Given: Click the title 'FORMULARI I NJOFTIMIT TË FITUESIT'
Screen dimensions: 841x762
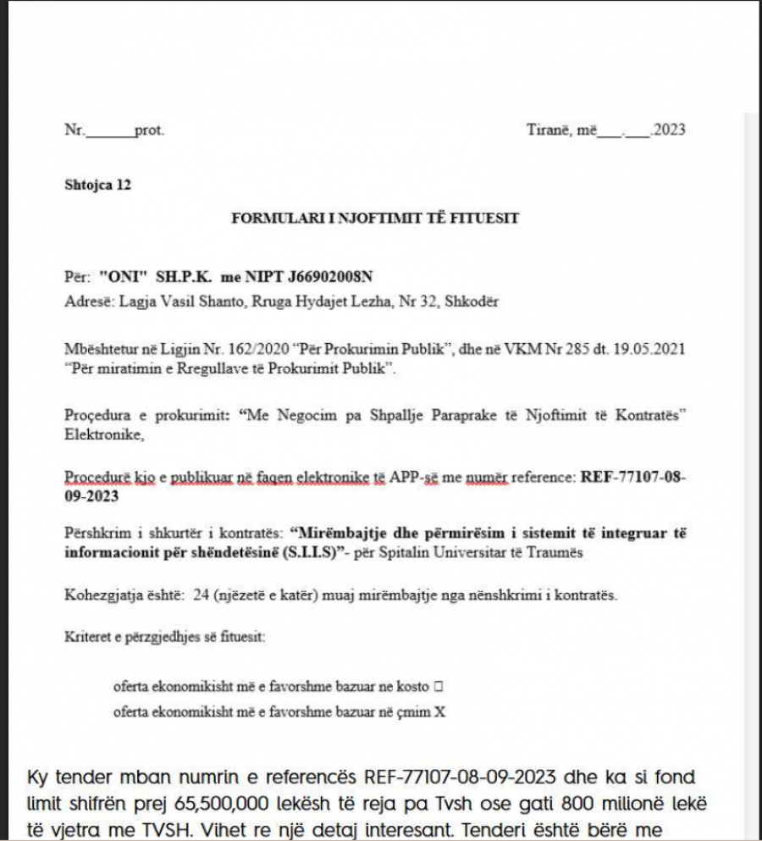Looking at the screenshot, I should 375,219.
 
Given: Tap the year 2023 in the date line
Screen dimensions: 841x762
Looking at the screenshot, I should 669,130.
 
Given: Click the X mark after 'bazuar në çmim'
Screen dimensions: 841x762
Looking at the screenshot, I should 439,712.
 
